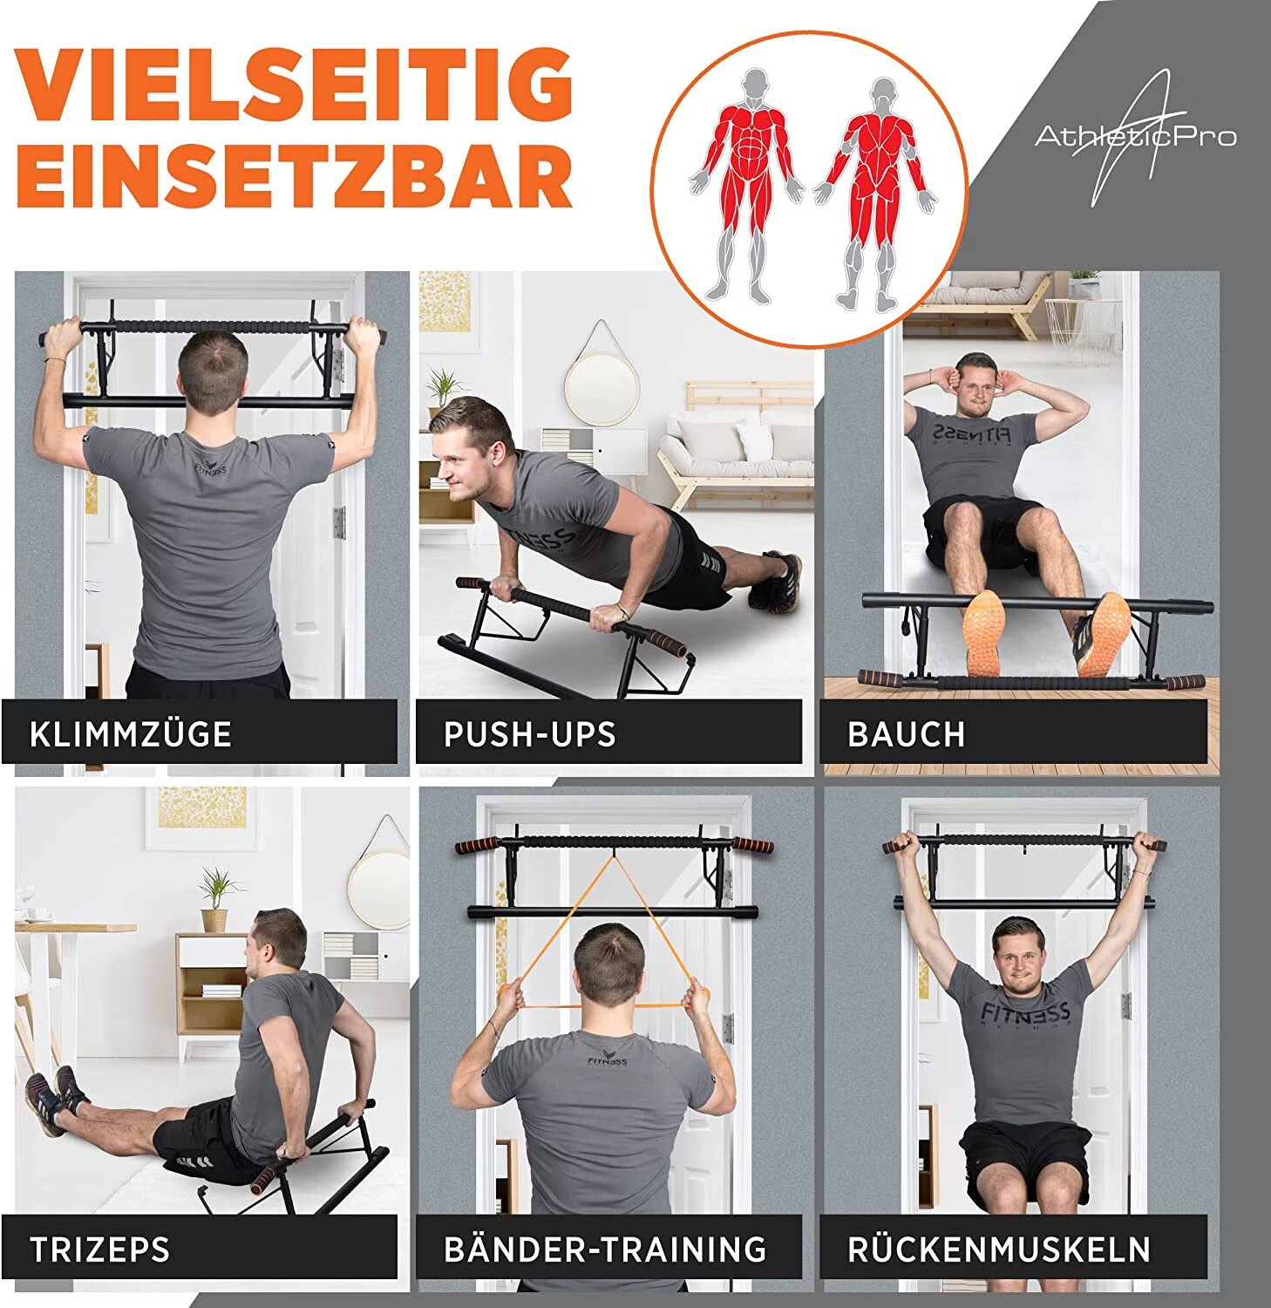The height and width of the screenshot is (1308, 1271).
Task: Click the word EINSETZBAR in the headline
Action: point(296,174)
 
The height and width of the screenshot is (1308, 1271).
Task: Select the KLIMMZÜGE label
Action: point(131,734)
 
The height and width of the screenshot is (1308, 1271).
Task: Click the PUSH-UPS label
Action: point(529,734)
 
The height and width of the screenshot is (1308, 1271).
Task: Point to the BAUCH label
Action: point(906,734)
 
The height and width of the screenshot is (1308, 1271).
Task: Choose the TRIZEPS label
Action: point(100,1250)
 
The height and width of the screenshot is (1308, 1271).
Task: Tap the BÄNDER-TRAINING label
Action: point(605,1250)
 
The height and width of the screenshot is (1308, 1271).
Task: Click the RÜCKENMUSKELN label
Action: point(999,1250)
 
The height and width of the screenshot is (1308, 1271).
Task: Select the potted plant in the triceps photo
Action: point(214,898)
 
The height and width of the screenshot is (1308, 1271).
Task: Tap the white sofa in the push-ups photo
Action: point(732,453)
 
